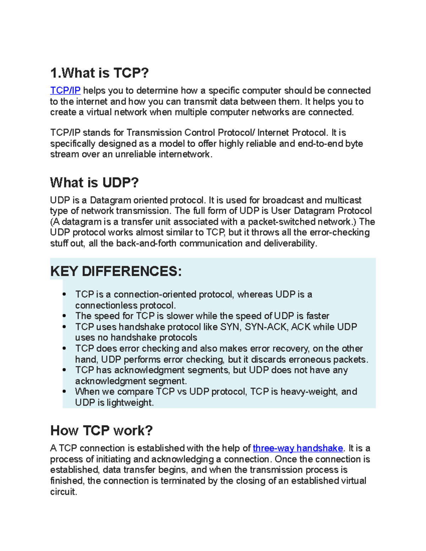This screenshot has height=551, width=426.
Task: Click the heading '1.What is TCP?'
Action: pos(99,73)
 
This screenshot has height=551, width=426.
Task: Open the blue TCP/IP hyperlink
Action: pos(65,91)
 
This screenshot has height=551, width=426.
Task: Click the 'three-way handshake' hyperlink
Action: pos(297,448)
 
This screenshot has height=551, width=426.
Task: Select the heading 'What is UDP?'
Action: pos(94,183)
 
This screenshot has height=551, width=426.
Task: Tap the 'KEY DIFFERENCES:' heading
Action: pos(116,271)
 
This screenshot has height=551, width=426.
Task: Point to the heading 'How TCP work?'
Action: pos(101,431)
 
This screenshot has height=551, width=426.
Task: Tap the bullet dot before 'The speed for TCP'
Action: pos(64,316)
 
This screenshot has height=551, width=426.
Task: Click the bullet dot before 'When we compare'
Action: pos(64,392)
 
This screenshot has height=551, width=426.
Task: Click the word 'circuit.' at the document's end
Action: pos(64,492)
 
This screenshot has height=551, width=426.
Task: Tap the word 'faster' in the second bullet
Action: pos(318,316)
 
